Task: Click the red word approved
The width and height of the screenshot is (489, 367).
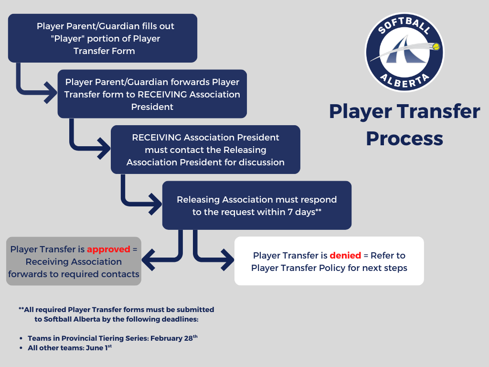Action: [x=108, y=249]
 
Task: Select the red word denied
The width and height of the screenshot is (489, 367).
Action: [x=345, y=256]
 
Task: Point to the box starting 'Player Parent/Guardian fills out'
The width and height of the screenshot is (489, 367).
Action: [x=103, y=38]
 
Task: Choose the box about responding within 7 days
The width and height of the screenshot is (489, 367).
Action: [x=257, y=205]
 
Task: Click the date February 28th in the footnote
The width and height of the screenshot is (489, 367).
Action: [x=174, y=338]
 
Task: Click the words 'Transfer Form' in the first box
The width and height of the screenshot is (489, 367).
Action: [x=104, y=51]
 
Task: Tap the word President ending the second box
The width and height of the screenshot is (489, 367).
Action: [x=152, y=107]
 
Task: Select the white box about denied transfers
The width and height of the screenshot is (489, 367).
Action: [x=329, y=261]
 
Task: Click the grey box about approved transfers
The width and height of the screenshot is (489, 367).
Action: [x=74, y=261]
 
